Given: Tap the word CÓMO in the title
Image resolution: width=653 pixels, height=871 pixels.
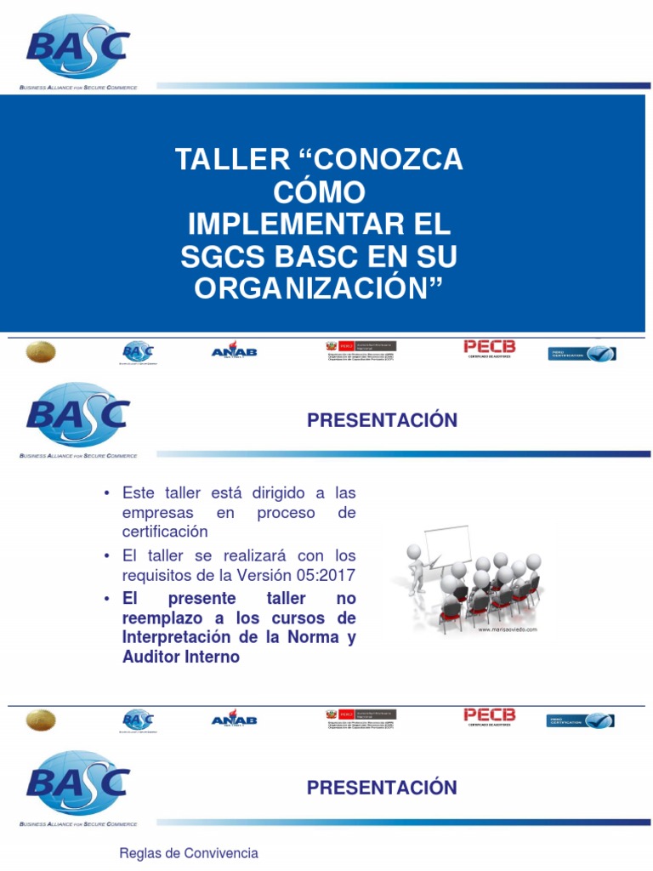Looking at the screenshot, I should pos(319,191).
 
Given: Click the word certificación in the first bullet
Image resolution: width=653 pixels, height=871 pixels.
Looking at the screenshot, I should pos(165,532).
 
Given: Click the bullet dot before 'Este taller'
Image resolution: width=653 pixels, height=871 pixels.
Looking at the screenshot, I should pos(106,493).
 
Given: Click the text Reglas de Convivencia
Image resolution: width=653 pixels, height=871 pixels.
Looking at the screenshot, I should pos(189,853).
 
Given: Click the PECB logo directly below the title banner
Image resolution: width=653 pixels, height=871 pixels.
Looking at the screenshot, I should pos(489,348).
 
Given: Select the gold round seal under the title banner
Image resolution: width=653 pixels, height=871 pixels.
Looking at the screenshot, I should pos(40,351).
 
